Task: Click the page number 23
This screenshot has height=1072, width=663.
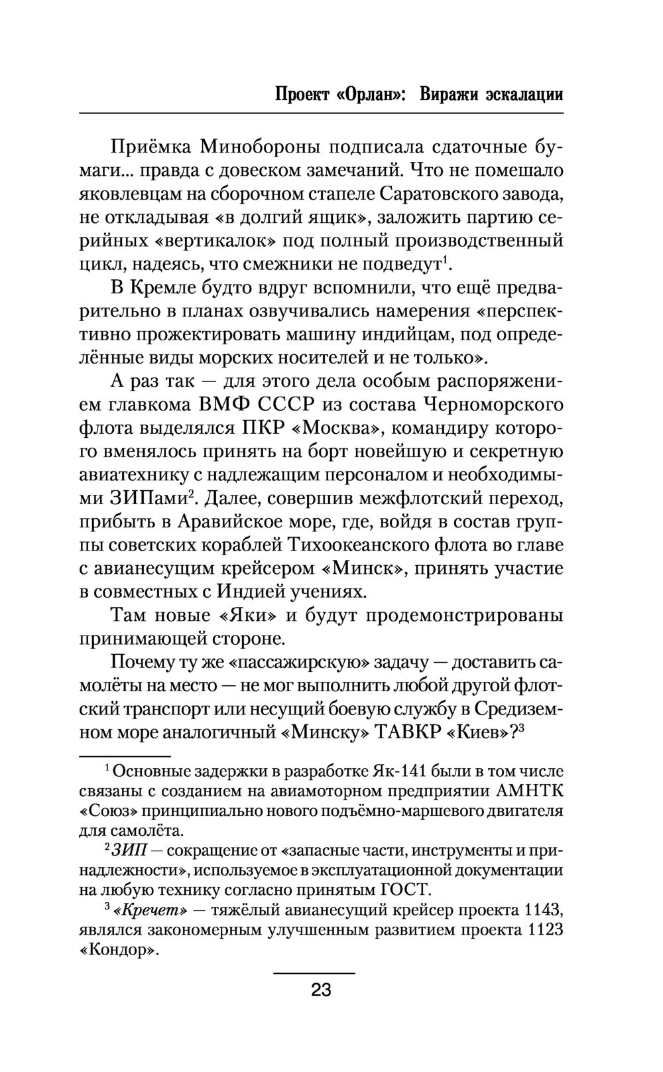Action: tap(321, 992)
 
